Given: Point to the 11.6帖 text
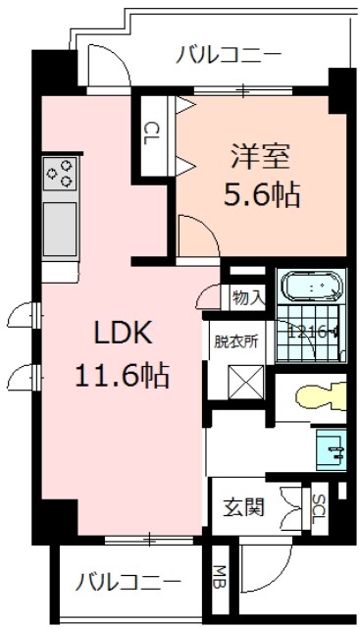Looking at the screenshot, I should [123, 374].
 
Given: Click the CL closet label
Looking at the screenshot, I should [152, 131].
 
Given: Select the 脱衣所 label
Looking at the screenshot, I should [236, 342].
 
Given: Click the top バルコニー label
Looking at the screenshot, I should [231, 55].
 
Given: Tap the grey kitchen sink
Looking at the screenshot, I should [60, 229].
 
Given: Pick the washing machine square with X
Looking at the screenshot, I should [238, 379].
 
